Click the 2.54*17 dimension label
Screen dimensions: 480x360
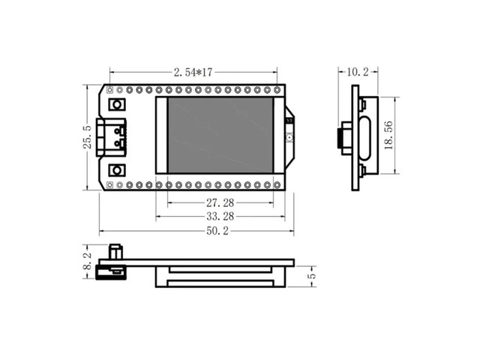point(193,72)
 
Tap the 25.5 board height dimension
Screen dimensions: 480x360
point(87,137)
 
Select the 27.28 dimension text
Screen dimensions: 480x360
point(220,202)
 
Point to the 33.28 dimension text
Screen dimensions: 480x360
point(220,217)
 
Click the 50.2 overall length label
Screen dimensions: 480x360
point(217,231)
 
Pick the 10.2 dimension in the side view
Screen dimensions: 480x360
point(358,72)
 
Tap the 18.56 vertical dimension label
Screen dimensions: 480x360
point(388,136)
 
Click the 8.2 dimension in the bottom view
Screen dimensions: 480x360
point(87,261)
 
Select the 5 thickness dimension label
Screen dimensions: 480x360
point(312,275)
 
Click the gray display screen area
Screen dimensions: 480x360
point(220,135)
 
